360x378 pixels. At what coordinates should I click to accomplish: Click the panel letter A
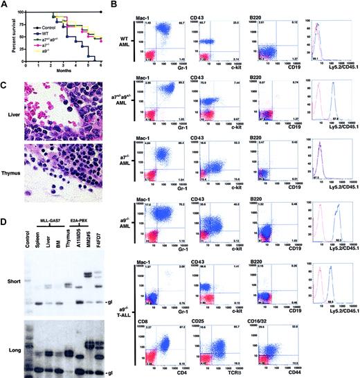click(x=6, y=5)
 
